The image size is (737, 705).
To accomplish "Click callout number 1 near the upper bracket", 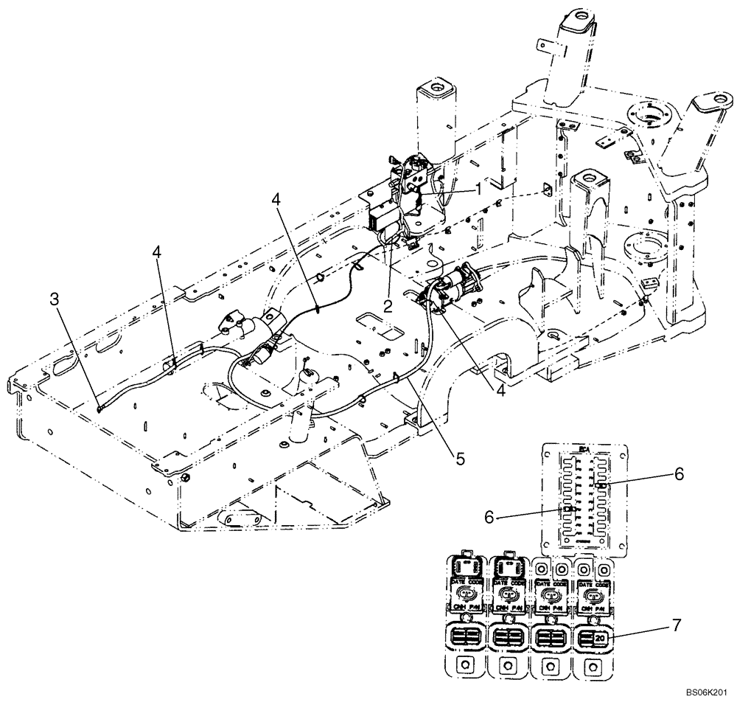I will click(478, 190).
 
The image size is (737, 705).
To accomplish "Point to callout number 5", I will click(459, 459).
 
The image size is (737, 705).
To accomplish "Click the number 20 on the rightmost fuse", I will click(598, 636).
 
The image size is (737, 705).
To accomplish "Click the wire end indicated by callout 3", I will click(99, 403).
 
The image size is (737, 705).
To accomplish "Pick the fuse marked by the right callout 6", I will click(602, 486).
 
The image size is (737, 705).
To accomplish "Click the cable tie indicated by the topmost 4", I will click(318, 309).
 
